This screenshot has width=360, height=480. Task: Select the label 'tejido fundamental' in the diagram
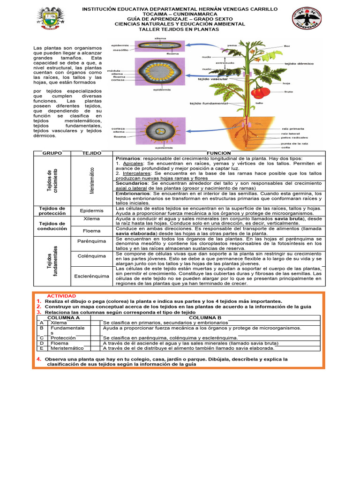click(208, 103)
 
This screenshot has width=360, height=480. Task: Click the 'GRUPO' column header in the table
click(52, 153)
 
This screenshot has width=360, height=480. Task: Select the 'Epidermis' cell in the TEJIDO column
click(91, 210)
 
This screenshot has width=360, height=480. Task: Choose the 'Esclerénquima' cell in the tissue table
click(91, 276)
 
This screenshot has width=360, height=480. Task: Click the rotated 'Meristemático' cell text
click(92, 180)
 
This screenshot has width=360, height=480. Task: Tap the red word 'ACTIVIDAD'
click(61, 296)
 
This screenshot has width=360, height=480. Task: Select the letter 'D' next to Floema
click(42, 343)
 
